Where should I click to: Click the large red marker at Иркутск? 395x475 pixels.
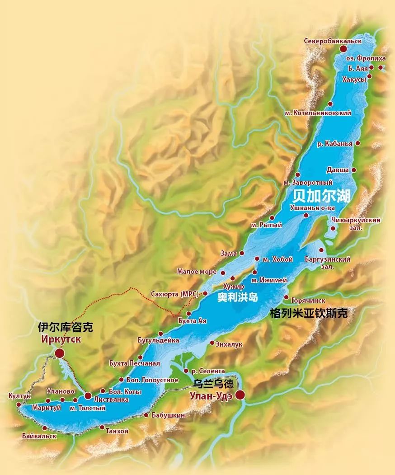coord(59,353)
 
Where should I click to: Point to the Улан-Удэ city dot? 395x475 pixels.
coord(240,395)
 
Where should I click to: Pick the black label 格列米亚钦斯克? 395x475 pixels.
coord(308,313)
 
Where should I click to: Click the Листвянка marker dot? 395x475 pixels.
coord(88,396)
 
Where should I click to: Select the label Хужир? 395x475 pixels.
coord(234,287)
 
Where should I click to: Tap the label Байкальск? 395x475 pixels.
coord(39,436)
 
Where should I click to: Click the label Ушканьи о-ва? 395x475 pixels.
coord(312,207)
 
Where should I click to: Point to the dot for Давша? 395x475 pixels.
coord(354,170)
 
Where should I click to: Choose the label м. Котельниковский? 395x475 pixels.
coord(318,112)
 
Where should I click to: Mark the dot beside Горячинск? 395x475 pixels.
coord(286,297)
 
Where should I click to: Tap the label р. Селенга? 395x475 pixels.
coord(208,371)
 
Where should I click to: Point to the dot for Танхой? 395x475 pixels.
coord(102,427)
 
